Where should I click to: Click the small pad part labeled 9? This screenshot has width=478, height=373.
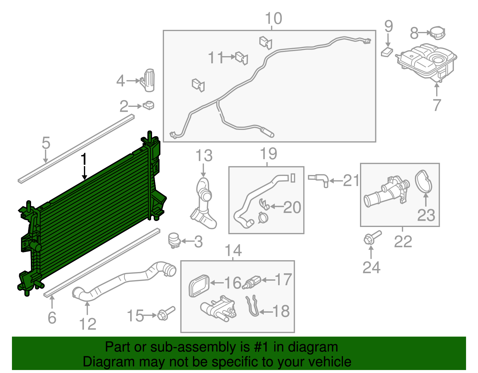pos(387,52)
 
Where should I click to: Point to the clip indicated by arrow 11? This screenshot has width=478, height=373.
pos(242,58)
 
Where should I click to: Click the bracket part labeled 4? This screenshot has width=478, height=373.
pos(148,80)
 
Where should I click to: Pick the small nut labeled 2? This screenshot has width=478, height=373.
pos(148,105)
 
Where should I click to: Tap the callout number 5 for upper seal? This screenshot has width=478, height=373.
pos(46,143)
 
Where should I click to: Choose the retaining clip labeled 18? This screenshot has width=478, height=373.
pos(252,306)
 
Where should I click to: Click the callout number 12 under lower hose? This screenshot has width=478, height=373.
pos(88,324)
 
